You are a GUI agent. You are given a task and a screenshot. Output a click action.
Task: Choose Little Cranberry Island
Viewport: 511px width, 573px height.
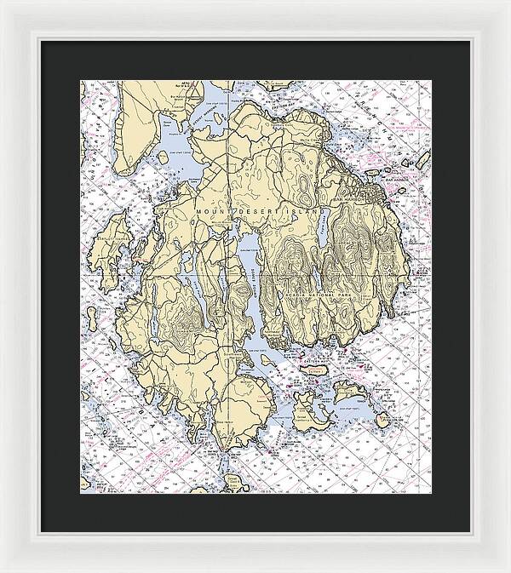tap(347, 393)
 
